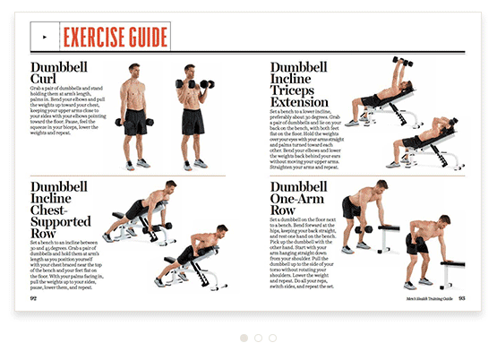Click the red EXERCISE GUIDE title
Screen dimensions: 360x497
point(115,37)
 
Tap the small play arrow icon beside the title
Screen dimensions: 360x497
point(44,37)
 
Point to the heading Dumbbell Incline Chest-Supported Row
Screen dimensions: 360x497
point(61,208)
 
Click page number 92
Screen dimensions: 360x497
point(33,298)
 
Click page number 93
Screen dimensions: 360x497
point(462,298)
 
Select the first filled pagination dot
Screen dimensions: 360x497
point(244,339)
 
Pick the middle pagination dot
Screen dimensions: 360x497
point(258,339)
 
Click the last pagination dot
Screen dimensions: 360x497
point(272,339)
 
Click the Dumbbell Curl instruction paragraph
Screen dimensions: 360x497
point(66,124)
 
